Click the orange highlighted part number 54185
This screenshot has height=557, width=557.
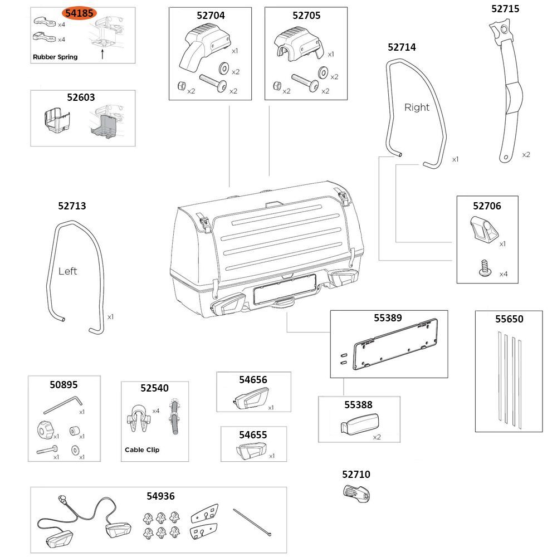click(79, 14)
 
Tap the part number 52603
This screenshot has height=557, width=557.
click(81, 97)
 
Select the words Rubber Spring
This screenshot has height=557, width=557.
click(55, 57)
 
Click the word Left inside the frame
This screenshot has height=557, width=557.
click(67, 271)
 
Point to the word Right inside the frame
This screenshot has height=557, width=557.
click(417, 108)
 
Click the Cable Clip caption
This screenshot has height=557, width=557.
click(141, 449)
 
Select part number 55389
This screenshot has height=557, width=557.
click(388, 319)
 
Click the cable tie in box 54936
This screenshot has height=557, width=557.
click(253, 522)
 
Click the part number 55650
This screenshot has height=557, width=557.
click(509, 319)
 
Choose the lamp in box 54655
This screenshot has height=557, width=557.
click(250, 450)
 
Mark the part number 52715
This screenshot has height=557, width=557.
click(505, 8)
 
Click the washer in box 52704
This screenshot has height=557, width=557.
click(225, 69)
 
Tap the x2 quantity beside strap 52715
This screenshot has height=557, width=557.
click(526, 154)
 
